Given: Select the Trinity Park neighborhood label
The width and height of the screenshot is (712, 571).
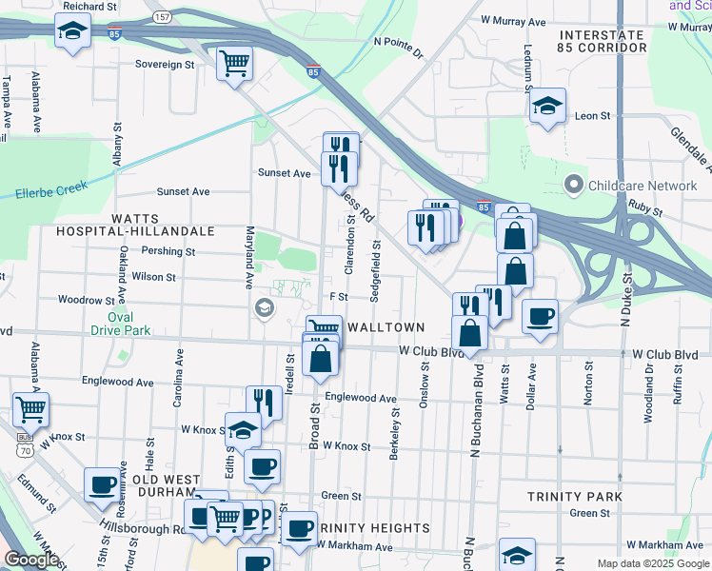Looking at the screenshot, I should [575, 497].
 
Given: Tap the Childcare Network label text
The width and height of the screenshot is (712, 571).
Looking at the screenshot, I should [643, 185].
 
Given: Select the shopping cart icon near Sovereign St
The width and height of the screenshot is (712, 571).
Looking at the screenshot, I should [234, 64].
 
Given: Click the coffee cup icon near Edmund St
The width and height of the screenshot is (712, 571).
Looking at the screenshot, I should [102, 484].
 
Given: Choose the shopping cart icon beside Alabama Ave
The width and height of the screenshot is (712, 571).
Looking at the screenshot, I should [31, 409].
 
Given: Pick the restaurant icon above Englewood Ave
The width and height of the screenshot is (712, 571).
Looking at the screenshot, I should [264, 402].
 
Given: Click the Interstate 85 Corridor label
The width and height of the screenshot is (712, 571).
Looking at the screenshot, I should [602, 41].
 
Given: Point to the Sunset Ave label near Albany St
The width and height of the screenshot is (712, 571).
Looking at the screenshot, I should [183, 191].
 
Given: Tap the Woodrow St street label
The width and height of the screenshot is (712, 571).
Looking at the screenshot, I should [86, 300].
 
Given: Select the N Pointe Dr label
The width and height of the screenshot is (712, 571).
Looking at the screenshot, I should [399, 42].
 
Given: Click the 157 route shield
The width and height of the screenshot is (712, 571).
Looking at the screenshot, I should [163, 18].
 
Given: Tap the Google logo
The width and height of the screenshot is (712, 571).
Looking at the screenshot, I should [32, 560].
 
